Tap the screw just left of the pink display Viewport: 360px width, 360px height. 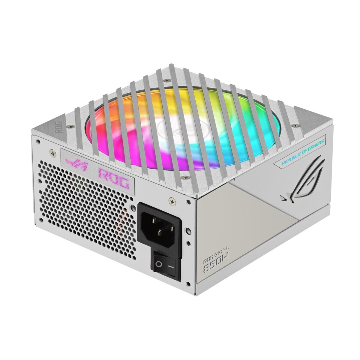pos(54,154)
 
